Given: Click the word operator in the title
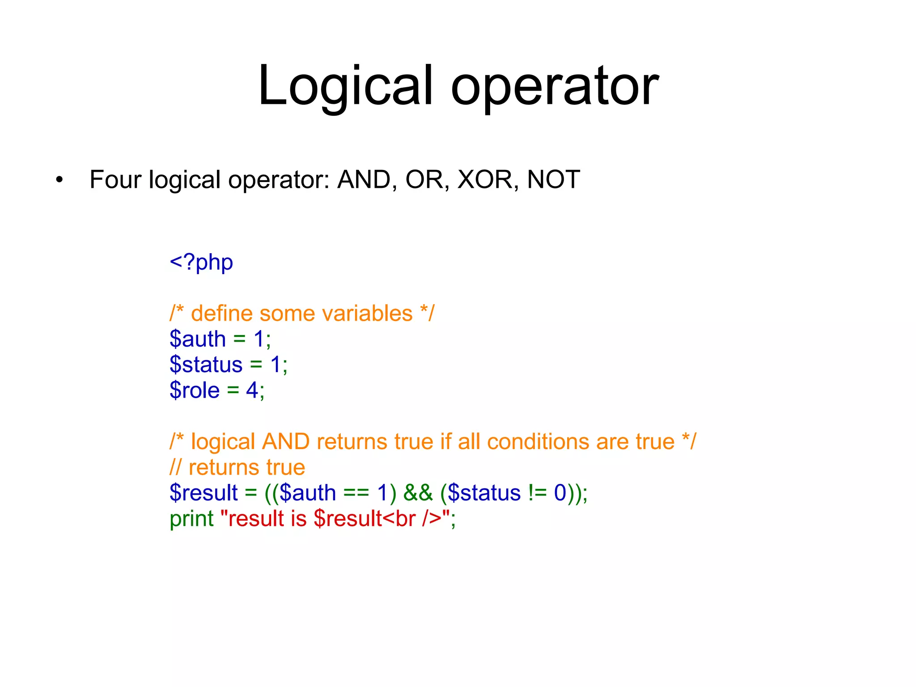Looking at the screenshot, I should click(555, 86).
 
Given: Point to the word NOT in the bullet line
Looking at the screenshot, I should click(553, 180).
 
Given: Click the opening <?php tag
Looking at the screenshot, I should click(201, 263).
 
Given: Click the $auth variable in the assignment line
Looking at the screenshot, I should click(198, 339).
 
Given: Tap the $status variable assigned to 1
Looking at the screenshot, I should click(206, 365).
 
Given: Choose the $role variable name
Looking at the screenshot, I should click(195, 390).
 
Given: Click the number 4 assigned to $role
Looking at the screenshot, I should click(252, 390).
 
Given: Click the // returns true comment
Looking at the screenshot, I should click(237, 467).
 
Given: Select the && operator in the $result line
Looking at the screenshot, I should click(418, 493).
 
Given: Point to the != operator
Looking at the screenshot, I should click(537, 493).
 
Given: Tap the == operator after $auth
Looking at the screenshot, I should click(356, 493).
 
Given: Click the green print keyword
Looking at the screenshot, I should click(191, 519).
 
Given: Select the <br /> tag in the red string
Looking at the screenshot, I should click(412, 519).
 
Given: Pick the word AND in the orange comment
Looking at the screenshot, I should click(286, 442).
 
